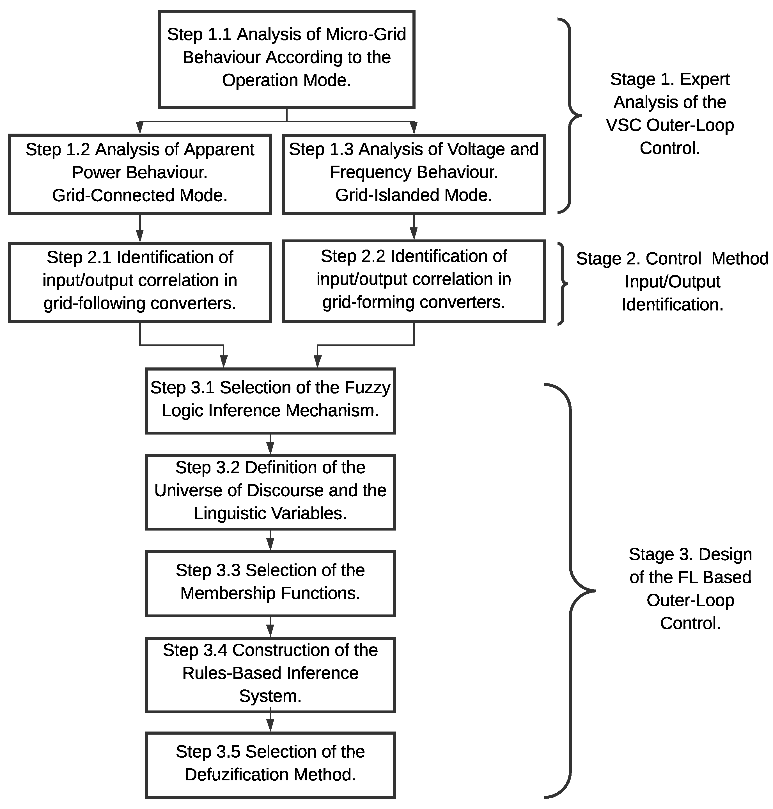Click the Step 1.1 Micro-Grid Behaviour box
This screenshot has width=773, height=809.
[286, 59]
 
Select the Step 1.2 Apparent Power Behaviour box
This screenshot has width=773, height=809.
[140, 174]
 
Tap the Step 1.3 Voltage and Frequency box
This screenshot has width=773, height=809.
[414, 174]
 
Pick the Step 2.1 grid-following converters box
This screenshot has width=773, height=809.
[140, 282]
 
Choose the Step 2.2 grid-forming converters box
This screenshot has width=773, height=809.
[414, 281]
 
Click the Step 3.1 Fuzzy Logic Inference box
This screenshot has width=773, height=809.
[270, 401]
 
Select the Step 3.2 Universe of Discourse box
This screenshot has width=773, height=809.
[270, 492]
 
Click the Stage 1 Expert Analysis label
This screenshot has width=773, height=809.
[669, 114]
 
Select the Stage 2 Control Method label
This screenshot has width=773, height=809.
[672, 282]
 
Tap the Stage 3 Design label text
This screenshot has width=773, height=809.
[690, 589]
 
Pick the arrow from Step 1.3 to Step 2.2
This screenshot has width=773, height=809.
[414, 227]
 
